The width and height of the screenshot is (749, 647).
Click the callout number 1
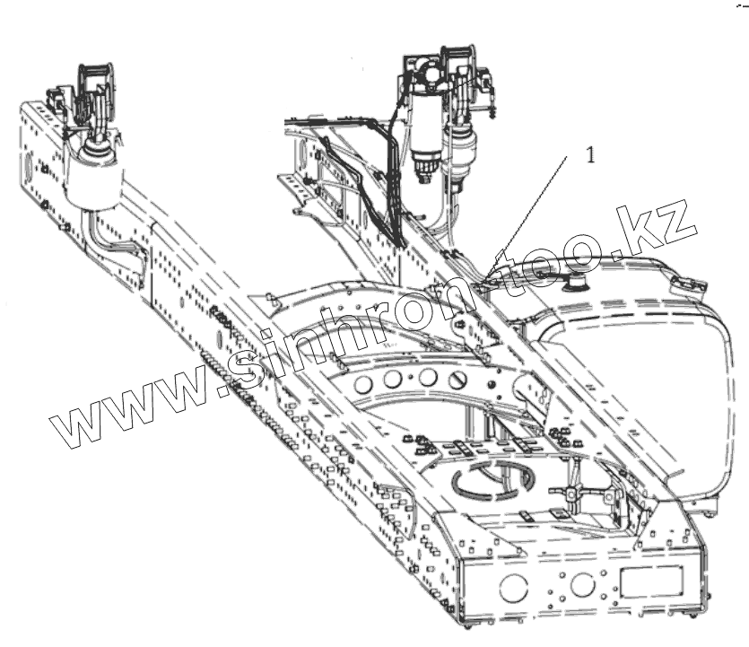click(590, 155)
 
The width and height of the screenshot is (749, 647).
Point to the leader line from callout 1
click(535, 210)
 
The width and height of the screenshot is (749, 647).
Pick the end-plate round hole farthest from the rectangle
click(514, 589)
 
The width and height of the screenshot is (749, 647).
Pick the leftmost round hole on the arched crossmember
click(365, 385)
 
